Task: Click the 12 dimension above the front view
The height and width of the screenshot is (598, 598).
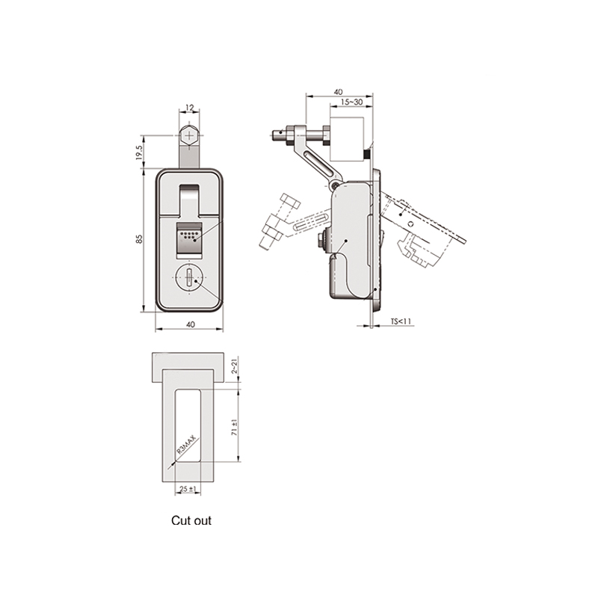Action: click(190, 108)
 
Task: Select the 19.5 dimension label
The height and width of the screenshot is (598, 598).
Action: click(139, 152)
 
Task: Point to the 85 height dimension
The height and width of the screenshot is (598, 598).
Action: click(140, 239)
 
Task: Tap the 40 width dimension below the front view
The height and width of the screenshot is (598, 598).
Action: click(191, 324)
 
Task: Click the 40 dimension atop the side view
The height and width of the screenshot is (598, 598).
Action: click(339, 92)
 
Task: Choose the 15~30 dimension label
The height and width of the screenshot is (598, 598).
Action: click(351, 102)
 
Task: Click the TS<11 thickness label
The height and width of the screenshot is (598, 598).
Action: click(401, 321)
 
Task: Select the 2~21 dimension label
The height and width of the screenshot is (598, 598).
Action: click(235, 366)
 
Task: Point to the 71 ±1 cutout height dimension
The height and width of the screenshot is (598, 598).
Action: click(235, 428)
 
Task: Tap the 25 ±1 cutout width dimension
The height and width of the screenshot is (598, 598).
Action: click(188, 489)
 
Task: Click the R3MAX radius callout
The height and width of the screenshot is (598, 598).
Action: click(186, 445)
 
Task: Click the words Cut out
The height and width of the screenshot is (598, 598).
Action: click(191, 520)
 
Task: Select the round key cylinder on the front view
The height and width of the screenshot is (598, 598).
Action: click(189, 278)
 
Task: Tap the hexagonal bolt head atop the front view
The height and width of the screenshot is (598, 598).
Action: click(189, 135)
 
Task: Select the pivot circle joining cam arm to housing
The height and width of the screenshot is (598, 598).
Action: click(334, 185)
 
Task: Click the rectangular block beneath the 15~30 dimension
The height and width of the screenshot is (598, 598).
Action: click(347, 140)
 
